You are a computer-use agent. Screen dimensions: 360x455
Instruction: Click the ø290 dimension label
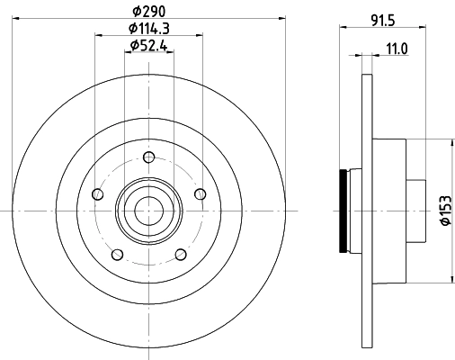click(147, 10)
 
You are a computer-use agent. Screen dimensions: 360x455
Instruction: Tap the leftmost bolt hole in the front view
click(97, 192)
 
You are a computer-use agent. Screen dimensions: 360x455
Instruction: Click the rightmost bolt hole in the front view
click(200, 192)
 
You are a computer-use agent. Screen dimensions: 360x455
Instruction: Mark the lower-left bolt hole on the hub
click(115, 254)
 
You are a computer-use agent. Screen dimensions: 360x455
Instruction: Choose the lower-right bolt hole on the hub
click(180, 254)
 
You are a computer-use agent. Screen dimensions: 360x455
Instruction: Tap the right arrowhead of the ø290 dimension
click(275, 17)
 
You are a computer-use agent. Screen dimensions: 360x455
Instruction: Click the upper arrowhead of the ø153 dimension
click(450, 141)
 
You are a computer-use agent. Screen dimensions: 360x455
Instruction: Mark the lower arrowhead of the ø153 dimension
click(450, 279)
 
